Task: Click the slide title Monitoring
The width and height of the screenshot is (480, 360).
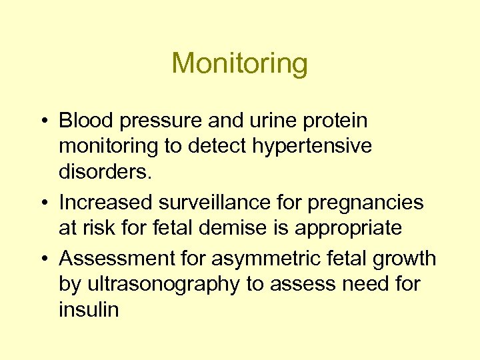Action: (x=239, y=64)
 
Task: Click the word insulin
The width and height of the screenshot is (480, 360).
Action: (x=89, y=309)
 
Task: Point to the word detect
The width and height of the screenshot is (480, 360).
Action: (x=214, y=146)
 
